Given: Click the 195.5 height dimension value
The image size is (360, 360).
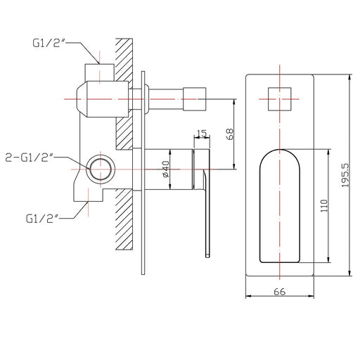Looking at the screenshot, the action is coord(345,175).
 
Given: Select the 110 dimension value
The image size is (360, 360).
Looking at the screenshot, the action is coord(324,206).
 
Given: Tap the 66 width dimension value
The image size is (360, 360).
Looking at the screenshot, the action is coord(280,292).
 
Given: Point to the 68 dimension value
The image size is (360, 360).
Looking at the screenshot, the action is coord(230,134).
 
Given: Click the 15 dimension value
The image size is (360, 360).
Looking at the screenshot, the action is coord(202,133).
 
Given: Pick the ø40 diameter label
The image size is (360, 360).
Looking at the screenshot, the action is coord(165,169).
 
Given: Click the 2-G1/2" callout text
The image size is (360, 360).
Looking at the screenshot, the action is coord(29,157).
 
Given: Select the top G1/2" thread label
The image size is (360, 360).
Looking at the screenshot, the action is coord(49,44).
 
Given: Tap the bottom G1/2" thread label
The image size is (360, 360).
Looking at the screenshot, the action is coord(42,219).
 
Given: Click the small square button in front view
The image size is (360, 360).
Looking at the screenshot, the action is coord(280,99).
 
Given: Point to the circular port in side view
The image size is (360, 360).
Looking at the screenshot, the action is coord(101,169).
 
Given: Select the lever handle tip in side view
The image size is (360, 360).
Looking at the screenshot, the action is coord(207,255).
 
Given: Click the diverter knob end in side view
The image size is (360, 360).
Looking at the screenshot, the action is coord(195,99).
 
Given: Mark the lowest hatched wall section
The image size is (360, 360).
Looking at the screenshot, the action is coord(124,219).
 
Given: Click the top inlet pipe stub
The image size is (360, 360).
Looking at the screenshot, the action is coord(100,72).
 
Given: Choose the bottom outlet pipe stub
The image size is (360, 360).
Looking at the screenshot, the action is coord(89,195).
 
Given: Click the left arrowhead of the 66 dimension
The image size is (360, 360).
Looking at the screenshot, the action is coord(248,296).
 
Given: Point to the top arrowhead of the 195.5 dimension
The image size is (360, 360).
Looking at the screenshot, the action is coord(350,77).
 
